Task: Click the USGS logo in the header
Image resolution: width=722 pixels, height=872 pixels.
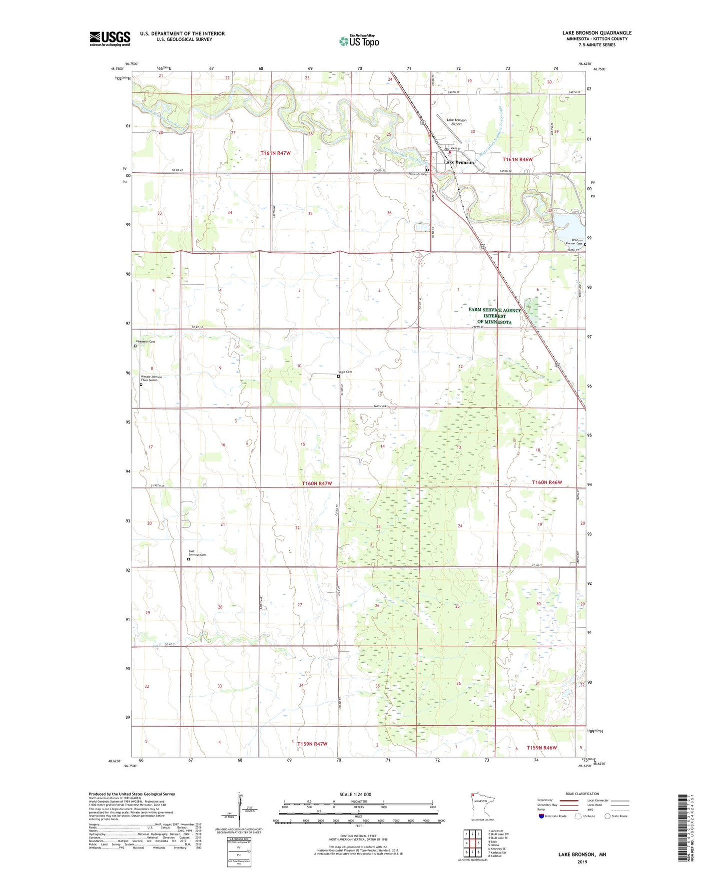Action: click(x=109, y=38)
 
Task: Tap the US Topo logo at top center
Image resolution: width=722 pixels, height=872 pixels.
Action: click(x=359, y=41)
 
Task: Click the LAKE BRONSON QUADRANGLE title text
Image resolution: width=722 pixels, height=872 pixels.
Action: click(x=597, y=33)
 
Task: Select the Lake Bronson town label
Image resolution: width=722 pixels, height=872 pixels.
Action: click(x=459, y=163)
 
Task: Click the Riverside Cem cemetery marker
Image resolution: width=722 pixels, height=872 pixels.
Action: click(x=427, y=169)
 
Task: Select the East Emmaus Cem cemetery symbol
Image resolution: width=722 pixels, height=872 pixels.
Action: click(x=188, y=559)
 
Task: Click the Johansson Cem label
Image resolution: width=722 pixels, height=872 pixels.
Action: click(x=145, y=342)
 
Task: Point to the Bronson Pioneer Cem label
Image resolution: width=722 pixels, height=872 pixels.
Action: click(x=574, y=242)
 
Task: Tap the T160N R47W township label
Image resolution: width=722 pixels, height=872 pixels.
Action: click(x=317, y=483)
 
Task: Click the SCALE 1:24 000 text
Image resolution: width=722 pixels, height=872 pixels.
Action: click(x=355, y=794)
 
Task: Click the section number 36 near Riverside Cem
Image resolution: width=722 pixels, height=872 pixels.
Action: click(x=389, y=213)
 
